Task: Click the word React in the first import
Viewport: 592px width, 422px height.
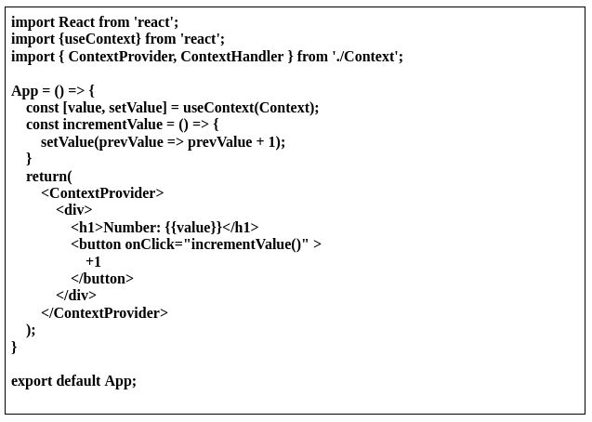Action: pos(77,21)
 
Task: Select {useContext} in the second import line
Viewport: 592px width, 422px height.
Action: pos(99,39)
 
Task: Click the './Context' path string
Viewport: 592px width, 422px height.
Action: pos(366,57)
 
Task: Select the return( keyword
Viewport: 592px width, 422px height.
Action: pos(48,177)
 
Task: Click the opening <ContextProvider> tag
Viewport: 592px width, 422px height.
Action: pos(102,193)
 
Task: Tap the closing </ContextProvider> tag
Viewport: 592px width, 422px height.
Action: pos(104,313)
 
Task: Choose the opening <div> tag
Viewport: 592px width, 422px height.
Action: pos(73,210)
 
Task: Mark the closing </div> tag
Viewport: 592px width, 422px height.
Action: pos(76,296)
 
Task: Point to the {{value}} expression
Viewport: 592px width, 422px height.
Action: pos(194,228)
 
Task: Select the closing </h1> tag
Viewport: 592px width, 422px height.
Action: pos(242,228)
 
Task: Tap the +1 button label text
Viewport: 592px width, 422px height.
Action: pos(93,262)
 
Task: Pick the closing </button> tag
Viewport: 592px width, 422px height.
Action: pos(102,279)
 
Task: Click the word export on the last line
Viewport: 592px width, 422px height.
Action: pos(32,381)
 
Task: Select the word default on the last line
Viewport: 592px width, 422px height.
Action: pos(78,381)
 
